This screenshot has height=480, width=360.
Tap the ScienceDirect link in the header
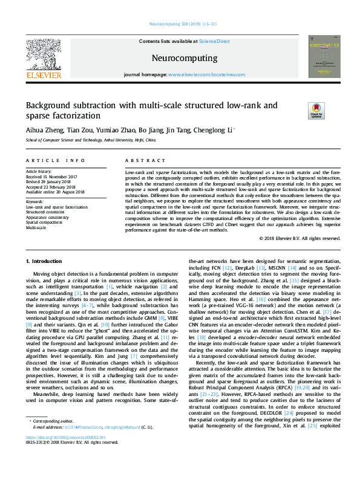[214, 41]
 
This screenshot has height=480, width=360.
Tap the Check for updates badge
[316, 111]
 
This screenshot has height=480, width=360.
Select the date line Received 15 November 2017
[56, 177]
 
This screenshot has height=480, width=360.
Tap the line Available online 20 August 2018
[55, 192]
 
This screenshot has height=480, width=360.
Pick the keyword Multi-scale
[36, 228]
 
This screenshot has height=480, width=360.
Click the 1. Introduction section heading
[46, 261]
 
